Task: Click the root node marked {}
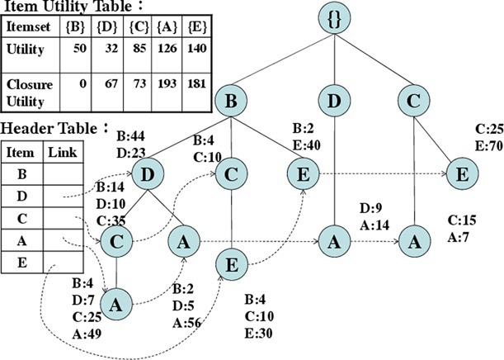[335, 20]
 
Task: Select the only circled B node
[232, 102]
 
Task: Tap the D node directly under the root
[334, 102]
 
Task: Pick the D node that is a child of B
[149, 175]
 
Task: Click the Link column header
[62, 153]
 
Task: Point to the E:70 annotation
[488, 144]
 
